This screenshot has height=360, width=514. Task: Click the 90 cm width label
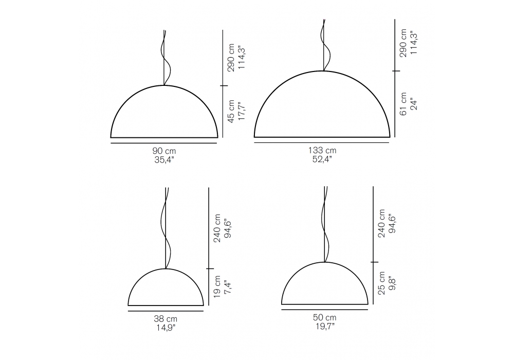click(164, 151)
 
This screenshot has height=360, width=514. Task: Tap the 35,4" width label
click(164, 160)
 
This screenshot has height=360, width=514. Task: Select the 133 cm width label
click(322, 150)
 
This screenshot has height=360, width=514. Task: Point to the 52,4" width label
click(322, 159)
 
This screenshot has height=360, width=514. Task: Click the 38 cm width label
click(166, 319)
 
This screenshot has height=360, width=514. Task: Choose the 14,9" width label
click(166, 328)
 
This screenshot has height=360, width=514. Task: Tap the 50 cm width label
click(324, 317)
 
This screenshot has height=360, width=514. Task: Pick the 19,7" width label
click(324, 326)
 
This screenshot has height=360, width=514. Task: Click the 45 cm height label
click(231, 112)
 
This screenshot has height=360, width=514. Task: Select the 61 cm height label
click(403, 103)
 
